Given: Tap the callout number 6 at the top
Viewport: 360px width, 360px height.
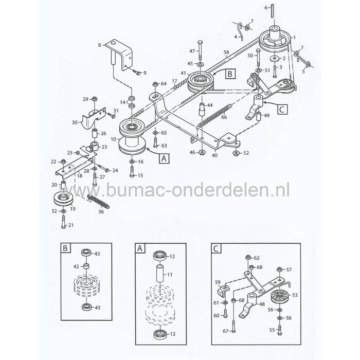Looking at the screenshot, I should click(x=266, y=8).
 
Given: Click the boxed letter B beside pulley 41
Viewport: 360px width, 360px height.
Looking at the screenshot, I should click(x=230, y=74).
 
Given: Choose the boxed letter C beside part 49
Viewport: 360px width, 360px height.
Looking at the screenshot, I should click(x=282, y=109).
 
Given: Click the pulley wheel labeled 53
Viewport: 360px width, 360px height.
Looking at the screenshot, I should click(x=280, y=296).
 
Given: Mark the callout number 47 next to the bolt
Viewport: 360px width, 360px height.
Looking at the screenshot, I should click(x=192, y=51).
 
